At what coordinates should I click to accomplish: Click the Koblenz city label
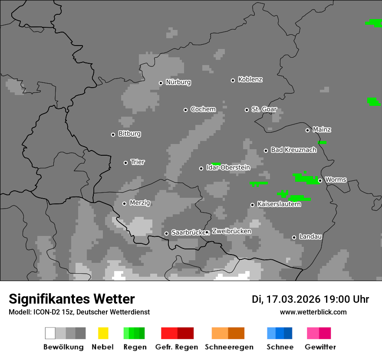tap(250, 79)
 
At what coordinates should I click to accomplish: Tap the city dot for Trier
tap(126, 163)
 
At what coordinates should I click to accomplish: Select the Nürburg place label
tap(178, 82)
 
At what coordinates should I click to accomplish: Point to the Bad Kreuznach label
tap(293, 150)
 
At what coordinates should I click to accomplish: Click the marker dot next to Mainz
tap(307, 130)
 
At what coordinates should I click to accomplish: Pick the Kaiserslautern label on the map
tap(279, 204)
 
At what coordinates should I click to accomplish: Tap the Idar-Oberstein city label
tap(228, 167)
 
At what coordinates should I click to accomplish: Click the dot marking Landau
tap(294, 237)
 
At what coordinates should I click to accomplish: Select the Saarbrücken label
tap(188, 232)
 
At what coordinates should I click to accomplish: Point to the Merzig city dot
tap(124, 203)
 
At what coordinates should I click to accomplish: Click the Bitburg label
tap(129, 134)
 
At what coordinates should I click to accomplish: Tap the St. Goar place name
tap(264, 109)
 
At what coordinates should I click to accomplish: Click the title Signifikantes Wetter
tap(72, 299)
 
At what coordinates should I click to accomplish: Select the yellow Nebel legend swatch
tap(103, 333)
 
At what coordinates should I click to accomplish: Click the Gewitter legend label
tap(320, 347)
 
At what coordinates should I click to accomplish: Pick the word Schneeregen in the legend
tap(229, 347)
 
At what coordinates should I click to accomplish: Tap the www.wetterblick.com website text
tap(313, 312)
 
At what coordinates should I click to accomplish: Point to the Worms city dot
tap(320, 180)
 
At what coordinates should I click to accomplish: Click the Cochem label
tap(203, 109)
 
